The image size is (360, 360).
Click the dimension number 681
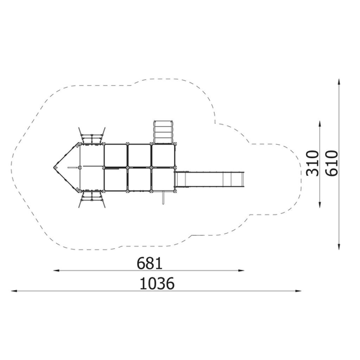149,263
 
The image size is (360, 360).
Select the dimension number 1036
157,283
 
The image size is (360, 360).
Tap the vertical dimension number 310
313,163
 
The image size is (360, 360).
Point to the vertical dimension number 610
332,163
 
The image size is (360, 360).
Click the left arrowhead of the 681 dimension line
57,270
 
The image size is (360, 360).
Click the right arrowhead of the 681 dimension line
241,270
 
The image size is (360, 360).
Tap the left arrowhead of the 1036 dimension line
14,291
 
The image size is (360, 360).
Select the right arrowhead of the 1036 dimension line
298,291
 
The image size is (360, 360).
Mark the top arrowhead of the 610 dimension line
339,82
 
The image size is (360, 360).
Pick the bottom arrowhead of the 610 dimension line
339,246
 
